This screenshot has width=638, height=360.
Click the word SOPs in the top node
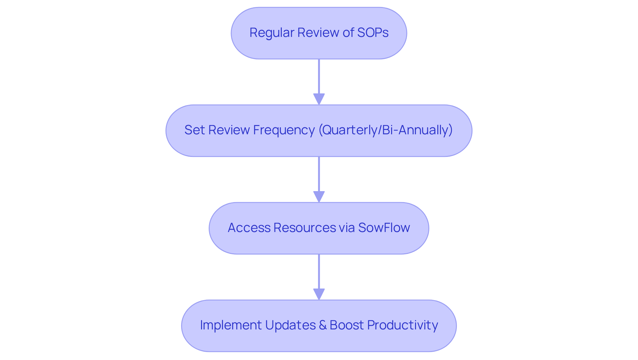(x=372, y=33)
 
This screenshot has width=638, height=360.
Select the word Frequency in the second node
(x=284, y=130)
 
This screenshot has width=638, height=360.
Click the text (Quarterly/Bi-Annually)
(x=385, y=130)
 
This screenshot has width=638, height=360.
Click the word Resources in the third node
(x=305, y=228)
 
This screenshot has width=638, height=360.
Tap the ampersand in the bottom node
(x=322, y=325)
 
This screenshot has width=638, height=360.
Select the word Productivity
(x=402, y=325)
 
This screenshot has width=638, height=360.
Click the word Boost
(x=347, y=325)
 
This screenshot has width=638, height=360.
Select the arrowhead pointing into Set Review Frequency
(x=319, y=99)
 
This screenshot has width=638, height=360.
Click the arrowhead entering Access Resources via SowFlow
(x=319, y=197)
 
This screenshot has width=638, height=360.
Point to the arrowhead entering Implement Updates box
(x=319, y=294)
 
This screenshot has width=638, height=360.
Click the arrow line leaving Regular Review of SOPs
(x=319, y=76)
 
